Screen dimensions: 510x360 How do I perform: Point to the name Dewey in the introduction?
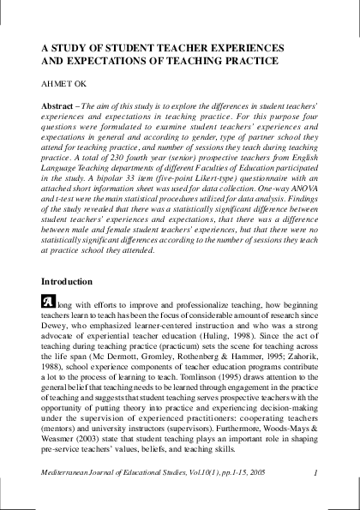click(x=57, y=327)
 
